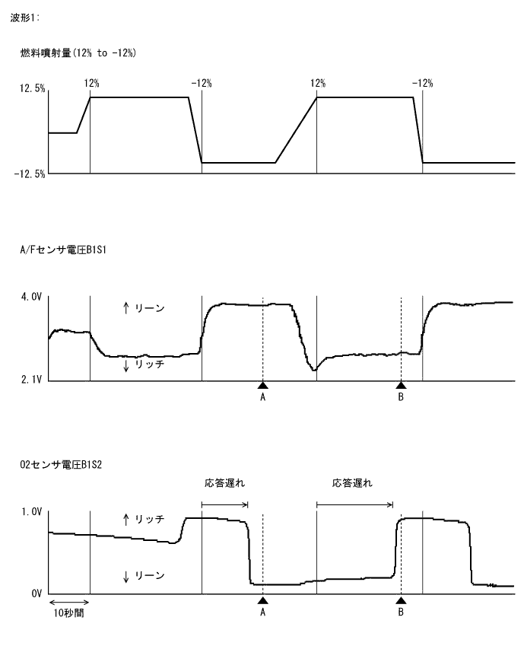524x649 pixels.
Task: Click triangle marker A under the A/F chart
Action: pos(262,385)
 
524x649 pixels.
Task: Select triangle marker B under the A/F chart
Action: pos(401,385)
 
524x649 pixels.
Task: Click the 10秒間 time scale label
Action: pos(68,612)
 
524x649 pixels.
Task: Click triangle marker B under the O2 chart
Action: pos(401,600)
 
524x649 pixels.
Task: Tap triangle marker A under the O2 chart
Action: pos(262,600)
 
